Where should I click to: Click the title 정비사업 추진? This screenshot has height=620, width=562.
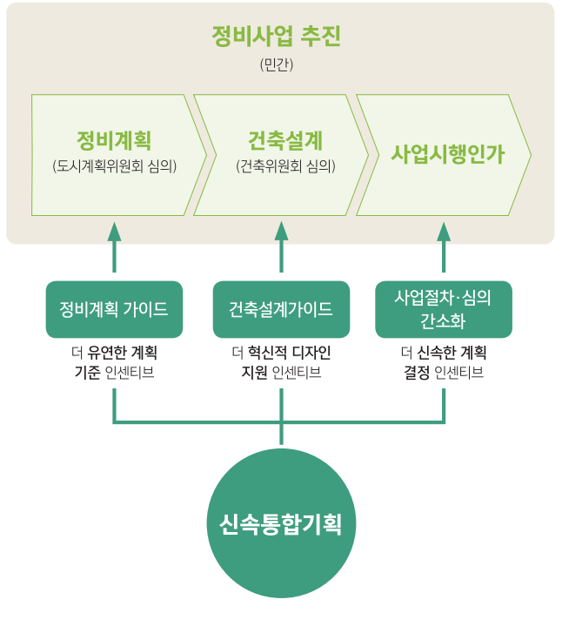click(277, 37)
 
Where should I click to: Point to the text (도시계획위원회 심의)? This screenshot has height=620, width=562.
click(114, 165)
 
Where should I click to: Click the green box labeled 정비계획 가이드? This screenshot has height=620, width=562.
click(114, 309)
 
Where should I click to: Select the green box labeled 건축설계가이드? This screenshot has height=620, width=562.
click(281, 309)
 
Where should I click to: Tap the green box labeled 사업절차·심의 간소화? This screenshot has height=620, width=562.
click(444, 309)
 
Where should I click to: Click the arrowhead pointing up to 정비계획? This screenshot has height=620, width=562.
click(114, 231)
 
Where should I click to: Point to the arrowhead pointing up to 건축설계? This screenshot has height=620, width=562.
click(281, 231)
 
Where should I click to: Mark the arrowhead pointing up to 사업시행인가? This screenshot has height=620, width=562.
click(444, 231)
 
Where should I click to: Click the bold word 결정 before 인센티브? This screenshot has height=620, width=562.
click(417, 373)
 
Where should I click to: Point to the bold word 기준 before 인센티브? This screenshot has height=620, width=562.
click(88, 373)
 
